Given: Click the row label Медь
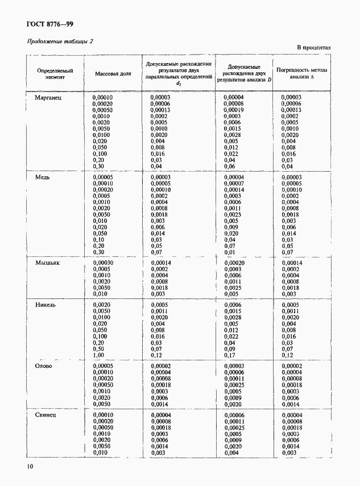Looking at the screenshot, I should tap(43, 177).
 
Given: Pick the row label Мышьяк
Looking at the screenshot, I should tap(48, 263).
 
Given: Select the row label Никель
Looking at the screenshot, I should tap(45, 305).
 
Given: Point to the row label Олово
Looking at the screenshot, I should tap(44, 366).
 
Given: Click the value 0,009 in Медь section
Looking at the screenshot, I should tap(231, 227).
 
